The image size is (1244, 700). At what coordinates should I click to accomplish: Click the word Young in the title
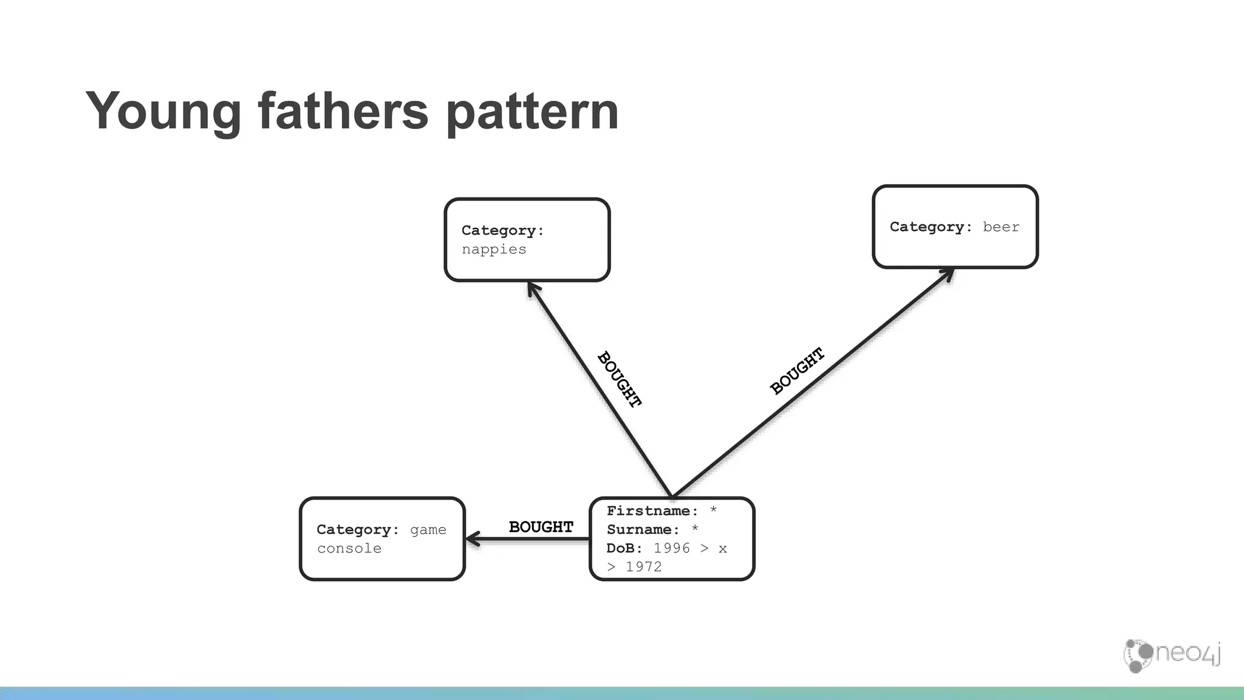(163, 112)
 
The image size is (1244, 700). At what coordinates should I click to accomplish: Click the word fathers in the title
(343, 111)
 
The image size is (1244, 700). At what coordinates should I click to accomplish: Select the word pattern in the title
(532, 112)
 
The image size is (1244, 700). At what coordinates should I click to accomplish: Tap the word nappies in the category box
(493, 250)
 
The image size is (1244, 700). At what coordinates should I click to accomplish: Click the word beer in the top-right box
(1000, 227)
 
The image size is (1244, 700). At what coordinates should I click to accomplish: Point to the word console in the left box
(349, 549)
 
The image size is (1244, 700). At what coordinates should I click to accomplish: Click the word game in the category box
(428, 530)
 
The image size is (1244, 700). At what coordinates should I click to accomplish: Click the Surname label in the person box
(643, 530)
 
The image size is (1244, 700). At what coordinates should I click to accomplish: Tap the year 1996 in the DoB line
(671, 549)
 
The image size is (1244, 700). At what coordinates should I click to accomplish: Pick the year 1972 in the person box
(643, 567)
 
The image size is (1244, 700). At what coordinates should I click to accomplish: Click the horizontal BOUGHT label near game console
(541, 527)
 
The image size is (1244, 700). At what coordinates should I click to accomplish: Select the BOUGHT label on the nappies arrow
(620, 379)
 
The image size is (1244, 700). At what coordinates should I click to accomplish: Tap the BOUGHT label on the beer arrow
(797, 371)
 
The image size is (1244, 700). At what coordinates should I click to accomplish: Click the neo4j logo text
(1187, 654)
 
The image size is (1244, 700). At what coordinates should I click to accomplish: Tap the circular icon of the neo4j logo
(1136, 655)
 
